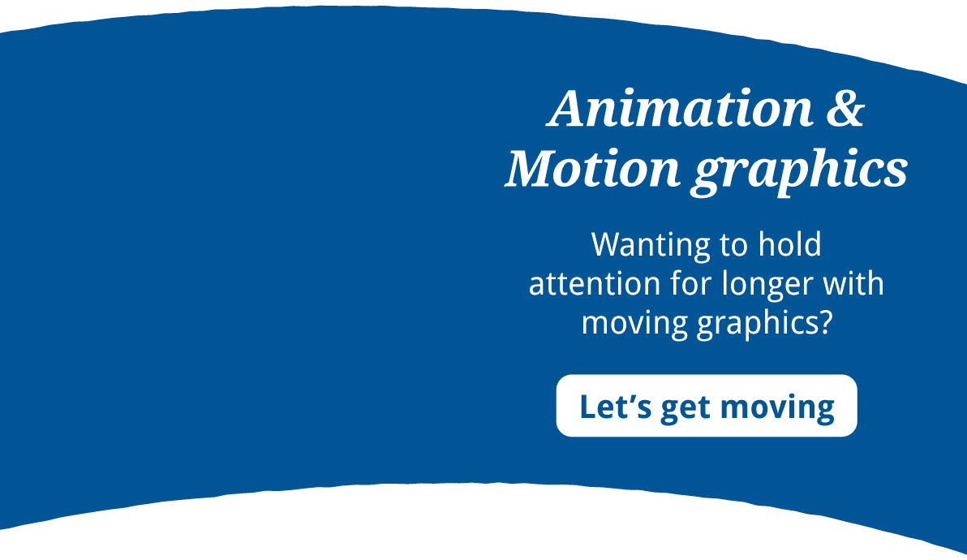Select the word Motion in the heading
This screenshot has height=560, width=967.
(592, 168)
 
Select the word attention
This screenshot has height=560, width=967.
(595, 284)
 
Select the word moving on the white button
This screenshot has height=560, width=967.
(777, 408)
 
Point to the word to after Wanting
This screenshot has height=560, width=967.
(729, 246)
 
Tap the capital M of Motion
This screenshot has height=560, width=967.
(531, 168)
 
